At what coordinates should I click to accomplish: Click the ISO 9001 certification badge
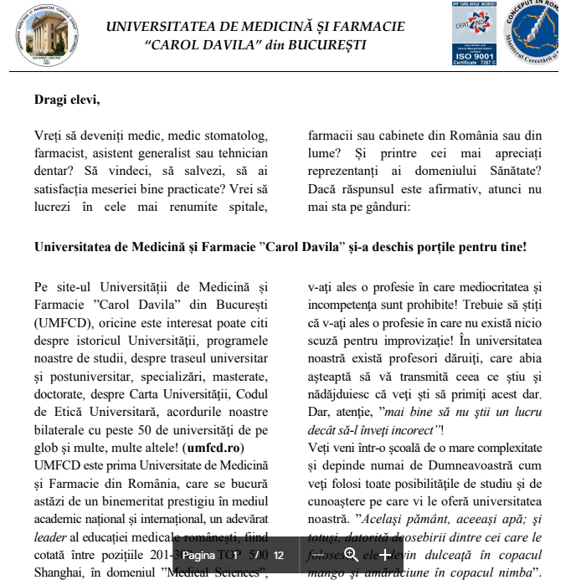click(474, 33)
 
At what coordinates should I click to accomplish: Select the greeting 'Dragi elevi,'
click(67, 100)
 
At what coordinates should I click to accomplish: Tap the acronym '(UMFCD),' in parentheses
click(63, 322)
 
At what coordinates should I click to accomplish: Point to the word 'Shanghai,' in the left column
click(61, 573)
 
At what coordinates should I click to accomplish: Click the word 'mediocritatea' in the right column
click(486, 286)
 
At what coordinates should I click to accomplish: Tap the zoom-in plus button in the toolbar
click(384, 555)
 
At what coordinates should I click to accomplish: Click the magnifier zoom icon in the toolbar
click(352, 555)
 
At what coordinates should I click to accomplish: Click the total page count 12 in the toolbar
click(279, 555)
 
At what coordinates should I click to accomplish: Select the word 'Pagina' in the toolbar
click(198, 555)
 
